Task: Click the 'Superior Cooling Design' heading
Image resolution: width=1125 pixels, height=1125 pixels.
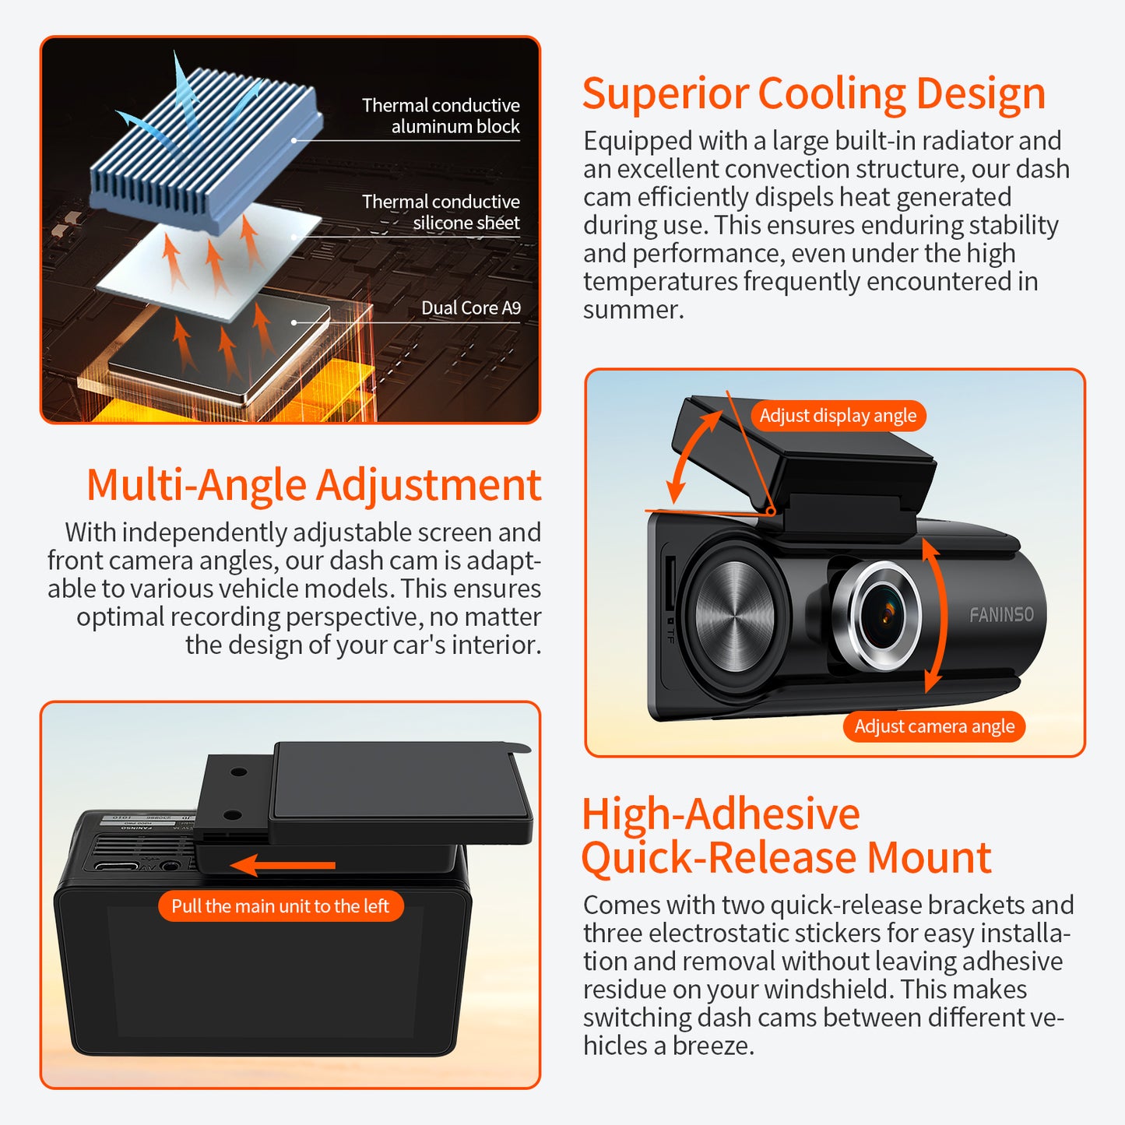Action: (814, 94)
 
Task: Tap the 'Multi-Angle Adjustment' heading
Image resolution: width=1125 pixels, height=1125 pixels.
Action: (314, 485)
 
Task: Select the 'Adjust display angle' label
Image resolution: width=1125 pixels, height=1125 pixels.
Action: (838, 416)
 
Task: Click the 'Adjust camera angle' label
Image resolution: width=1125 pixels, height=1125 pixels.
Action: (934, 726)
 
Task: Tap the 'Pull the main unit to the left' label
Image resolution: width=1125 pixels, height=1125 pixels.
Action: (280, 906)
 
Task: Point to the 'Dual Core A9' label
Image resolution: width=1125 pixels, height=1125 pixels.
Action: (471, 308)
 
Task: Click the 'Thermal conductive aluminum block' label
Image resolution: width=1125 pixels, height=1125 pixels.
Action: (441, 116)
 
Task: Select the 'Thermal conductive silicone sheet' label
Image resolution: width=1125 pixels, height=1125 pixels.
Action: (441, 213)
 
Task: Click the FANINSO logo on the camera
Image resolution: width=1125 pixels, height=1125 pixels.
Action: (1001, 615)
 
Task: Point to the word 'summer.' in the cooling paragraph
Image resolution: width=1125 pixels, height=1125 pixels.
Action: (634, 310)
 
